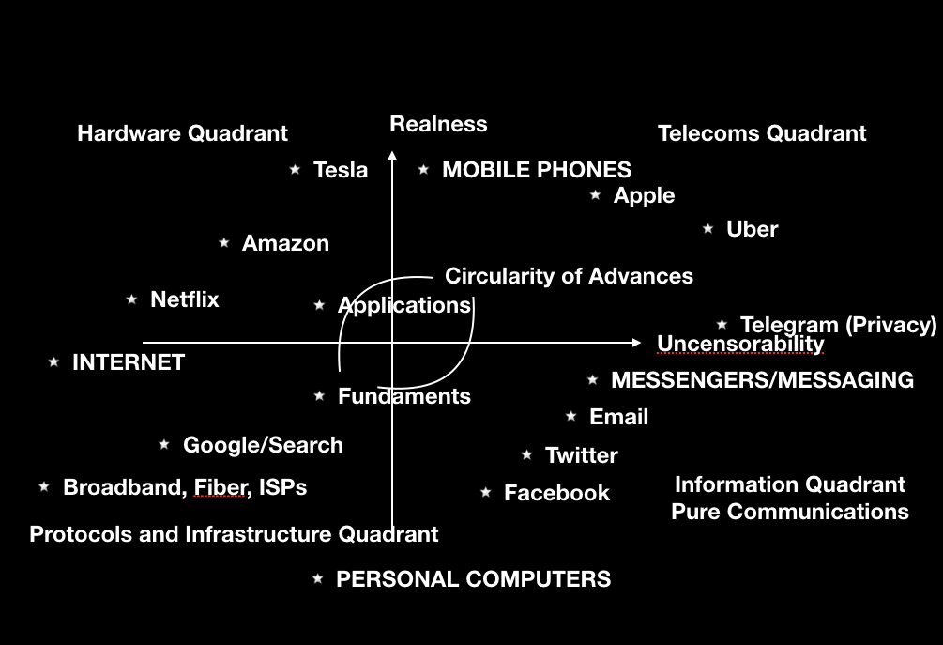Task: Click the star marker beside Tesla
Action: pyautogui.click(x=295, y=170)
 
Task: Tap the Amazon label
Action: pyautogui.click(x=285, y=244)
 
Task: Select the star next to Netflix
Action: pyautogui.click(x=131, y=299)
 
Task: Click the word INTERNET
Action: pyautogui.click(x=129, y=362)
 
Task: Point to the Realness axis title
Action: pyautogui.click(x=438, y=124)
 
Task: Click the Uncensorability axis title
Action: pyautogui.click(x=740, y=344)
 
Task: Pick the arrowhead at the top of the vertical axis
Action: pyautogui.click(x=392, y=155)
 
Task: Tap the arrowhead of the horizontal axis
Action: pyautogui.click(x=637, y=343)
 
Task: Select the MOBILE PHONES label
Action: pyautogui.click(x=537, y=170)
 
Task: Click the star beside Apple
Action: pyautogui.click(x=596, y=195)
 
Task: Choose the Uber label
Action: pyautogui.click(x=753, y=229)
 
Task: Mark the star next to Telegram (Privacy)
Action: pyautogui.click(x=722, y=325)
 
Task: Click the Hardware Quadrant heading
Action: pyautogui.click(x=183, y=133)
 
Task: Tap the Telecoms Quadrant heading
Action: pyautogui.click(x=762, y=133)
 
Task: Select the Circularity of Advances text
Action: pyautogui.click(x=569, y=276)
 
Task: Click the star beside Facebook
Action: pyautogui.click(x=486, y=493)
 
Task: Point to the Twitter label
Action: pyautogui.click(x=582, y=455)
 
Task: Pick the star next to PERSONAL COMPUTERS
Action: pyautogui.click(x=318, y=579)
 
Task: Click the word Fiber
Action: pyautogui.click(x=220, y=487)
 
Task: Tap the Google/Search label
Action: pyautogui.click(x=264, y=445)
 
